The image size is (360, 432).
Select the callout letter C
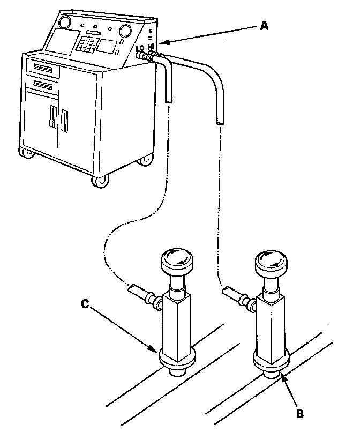(85, 304)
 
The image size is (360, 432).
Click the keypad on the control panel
(86, 44)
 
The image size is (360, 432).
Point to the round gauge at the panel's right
(126, 29)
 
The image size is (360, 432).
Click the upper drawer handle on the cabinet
(45, 68)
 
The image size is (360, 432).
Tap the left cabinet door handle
(52, 118)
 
